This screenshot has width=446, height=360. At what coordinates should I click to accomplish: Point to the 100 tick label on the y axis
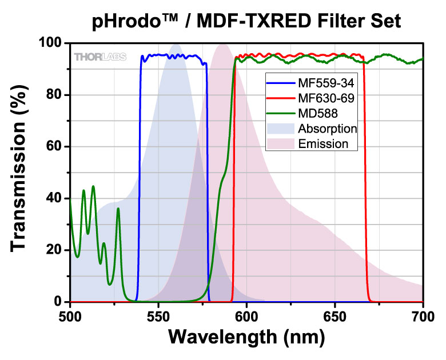pyautogui.click(x=51, y=43)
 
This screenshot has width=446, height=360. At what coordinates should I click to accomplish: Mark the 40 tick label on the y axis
pyautogui.click(x=55, y=198)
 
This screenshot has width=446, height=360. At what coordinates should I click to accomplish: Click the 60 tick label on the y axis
pyautogui.click(x=55, y=147)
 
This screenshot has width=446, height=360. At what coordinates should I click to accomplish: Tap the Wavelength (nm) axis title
pyautogui.click(x=246, y=337)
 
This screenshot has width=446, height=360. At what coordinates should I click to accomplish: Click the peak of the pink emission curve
pyautogui.click(x=222, y=45)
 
